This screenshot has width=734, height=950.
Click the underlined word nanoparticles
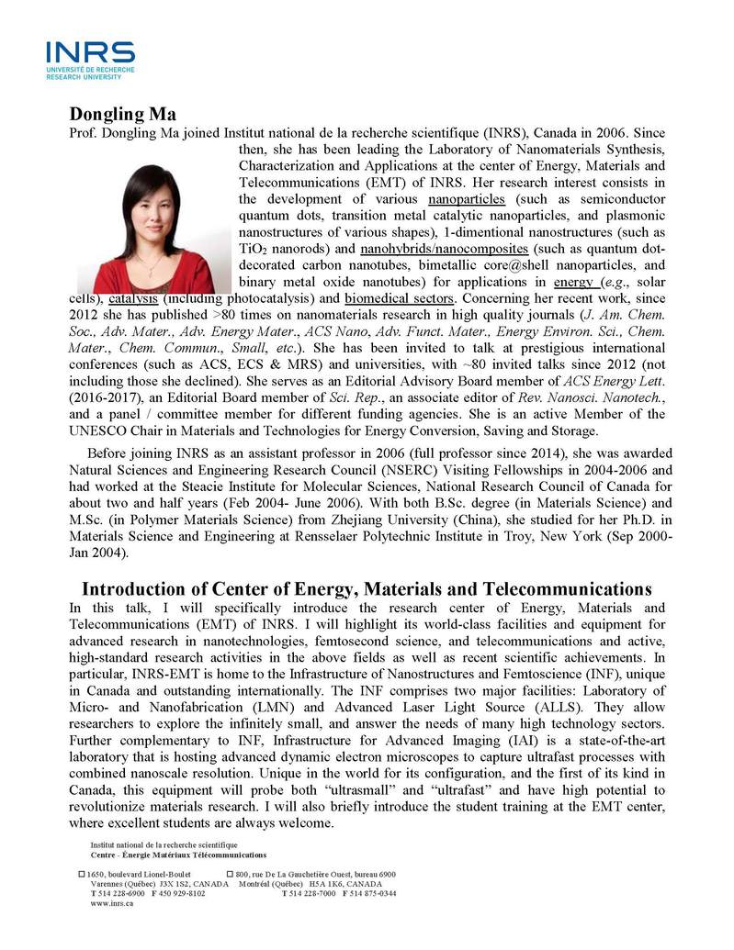click(466, 199)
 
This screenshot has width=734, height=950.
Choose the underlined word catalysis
click(131, 299)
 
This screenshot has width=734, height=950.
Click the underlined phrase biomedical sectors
click(399, 299)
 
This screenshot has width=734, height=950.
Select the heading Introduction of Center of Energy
click(367, 588)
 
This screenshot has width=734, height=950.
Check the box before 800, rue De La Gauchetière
click(230, 875)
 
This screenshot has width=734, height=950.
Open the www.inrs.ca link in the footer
click(112, 903)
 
